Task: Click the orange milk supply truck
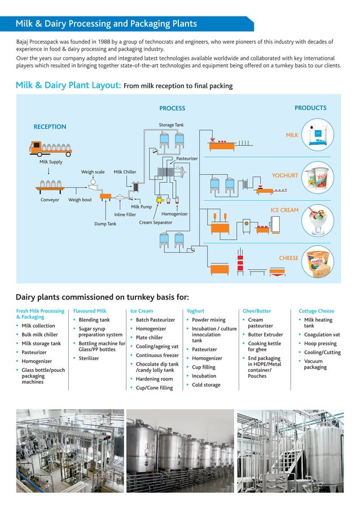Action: point(50,148)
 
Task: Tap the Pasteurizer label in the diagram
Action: point(187,159)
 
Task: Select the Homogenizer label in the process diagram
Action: point(174,214)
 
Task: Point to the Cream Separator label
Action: point(155,223)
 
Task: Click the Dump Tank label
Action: point(105,223)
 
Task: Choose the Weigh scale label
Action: point(93,172)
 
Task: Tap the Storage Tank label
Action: point(171,125)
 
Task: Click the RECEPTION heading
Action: point(50,127)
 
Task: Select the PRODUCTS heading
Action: point(310,108)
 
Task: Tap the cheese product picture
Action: point(317,262)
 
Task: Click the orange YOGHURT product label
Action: point(284,175)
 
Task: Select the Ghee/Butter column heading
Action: point(257,311)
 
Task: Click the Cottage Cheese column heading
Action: point(316,311)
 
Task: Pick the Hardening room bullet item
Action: point(154,379)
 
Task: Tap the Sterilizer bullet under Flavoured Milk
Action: point(89,358)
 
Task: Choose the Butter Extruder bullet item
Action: point(265,335)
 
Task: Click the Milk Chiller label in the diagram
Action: point(125,172)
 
